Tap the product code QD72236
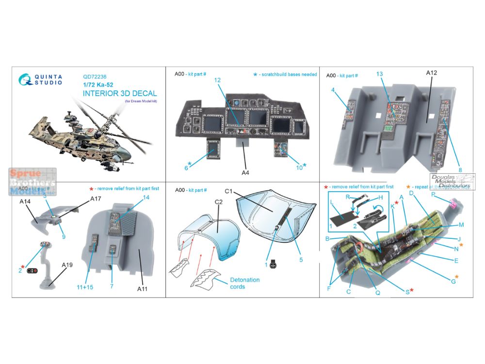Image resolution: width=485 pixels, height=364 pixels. click(x=95, y=76)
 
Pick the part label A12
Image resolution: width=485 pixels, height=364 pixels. click(x=432, y=74)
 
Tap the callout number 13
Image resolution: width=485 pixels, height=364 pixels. click(x=379, y=74)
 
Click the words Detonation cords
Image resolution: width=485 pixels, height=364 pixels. click(x=245, y=283)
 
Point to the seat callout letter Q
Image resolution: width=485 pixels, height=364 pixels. click(x=377, y=293)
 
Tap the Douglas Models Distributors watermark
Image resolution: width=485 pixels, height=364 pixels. click(x=452, y=182)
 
